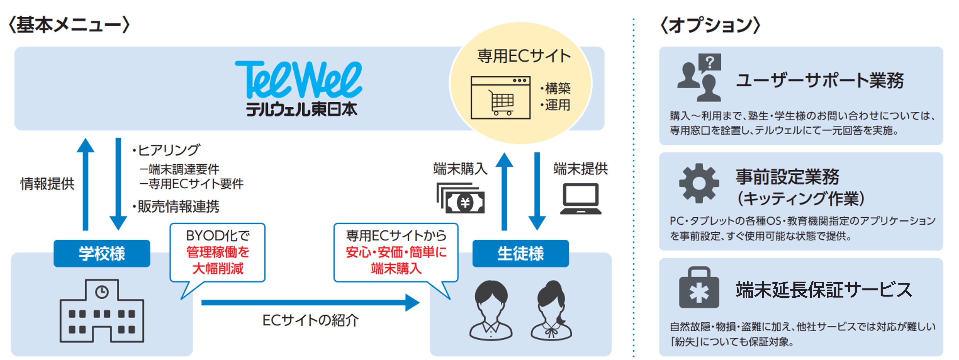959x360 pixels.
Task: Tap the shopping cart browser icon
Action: click(500, 97)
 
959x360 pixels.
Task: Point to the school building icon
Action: click(102, 311)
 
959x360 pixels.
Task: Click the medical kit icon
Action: click(699, 287)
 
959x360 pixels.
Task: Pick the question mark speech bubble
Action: click(710, 63)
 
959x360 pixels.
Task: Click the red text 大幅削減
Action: click(218, 268)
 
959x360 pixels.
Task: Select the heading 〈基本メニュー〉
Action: click(69, 25)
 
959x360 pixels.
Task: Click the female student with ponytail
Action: click(551, 310)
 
